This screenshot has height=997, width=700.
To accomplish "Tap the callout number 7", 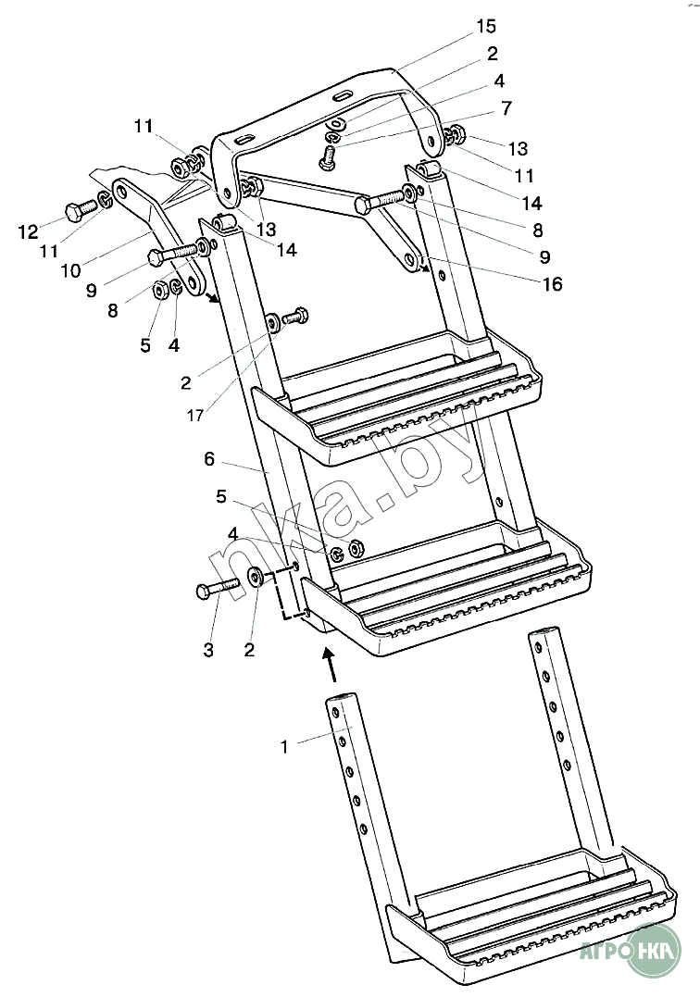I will tap(506, 108).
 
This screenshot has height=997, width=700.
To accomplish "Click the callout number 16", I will tap(551, 285).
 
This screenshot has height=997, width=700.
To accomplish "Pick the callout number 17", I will tap(195, 416).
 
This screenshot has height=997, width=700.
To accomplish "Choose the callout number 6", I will tap(209, 458).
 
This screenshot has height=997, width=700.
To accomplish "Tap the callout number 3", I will tap(207, 651).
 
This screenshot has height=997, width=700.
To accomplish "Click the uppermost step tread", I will tap(398, 398).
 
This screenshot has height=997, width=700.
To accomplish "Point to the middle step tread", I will tap(444, 592).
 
